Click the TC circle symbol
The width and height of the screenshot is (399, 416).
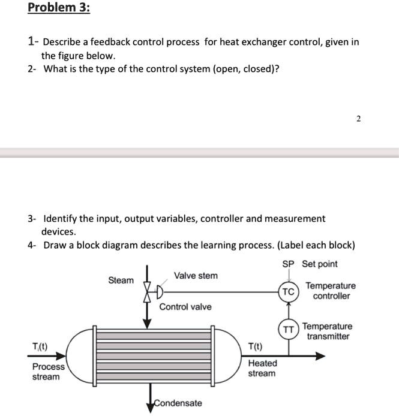(288, 291)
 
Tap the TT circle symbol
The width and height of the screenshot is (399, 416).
(288, 330)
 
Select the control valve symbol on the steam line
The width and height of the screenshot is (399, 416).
(146, 292)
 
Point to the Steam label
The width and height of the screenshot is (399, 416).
(121, 280)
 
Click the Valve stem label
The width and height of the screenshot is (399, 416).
(196, 276)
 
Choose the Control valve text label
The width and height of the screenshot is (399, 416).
(185, 307)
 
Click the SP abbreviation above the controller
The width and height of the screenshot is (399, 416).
(289, 264)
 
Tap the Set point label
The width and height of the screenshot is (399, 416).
(319, 264)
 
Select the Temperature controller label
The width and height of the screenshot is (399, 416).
(330, 291)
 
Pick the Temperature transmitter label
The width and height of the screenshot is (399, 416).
(328, 331)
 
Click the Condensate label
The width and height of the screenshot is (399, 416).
(178, 403)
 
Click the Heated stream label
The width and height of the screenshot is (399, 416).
(262, 368)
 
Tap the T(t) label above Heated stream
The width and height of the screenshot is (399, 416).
(255, 347)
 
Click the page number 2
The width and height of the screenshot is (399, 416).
(358, 119)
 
